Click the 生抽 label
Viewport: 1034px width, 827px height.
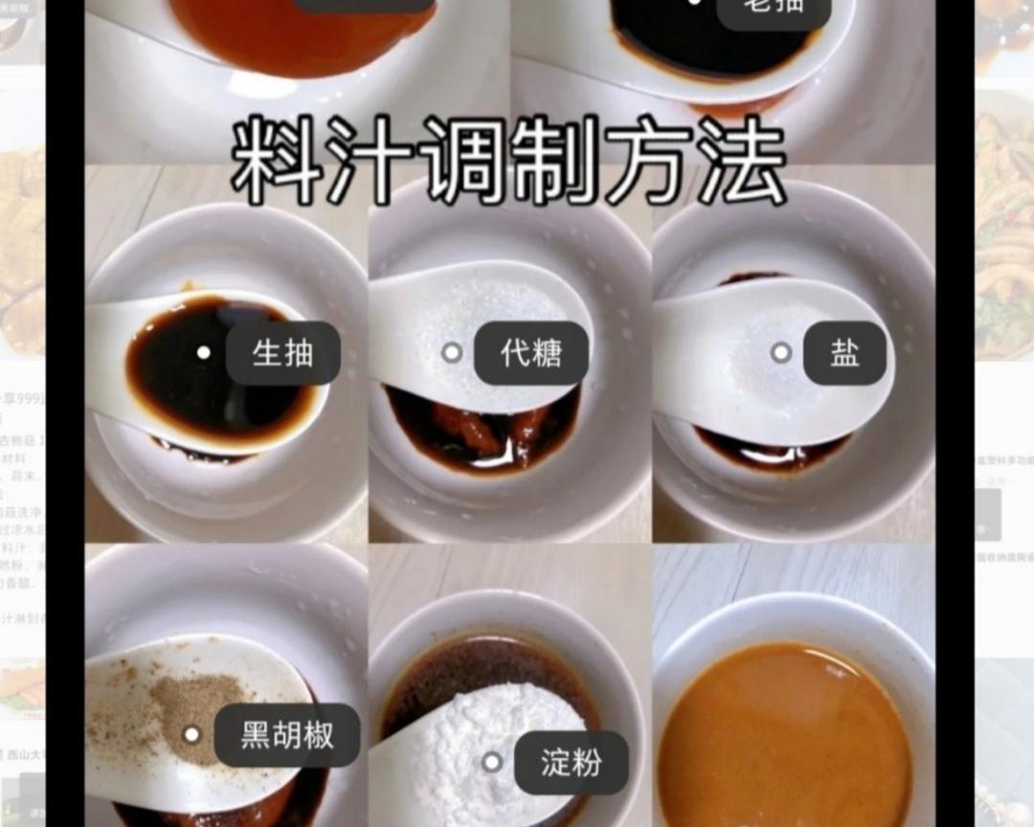282,353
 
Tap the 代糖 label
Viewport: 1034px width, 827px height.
531,353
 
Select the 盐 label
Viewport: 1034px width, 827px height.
844,353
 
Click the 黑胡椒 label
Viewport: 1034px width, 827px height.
286,735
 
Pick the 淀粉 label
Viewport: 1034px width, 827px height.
572,763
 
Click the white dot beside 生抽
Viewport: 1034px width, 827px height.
203,352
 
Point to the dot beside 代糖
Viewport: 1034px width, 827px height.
452,352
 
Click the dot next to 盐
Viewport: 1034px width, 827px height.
781,352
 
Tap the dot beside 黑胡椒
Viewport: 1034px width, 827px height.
192,735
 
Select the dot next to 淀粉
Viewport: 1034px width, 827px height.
492,763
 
